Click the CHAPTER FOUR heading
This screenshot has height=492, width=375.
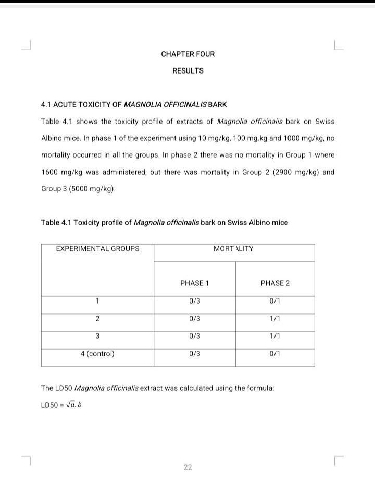(x=187, y=54)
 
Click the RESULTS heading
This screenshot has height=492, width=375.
(x=187, y=70)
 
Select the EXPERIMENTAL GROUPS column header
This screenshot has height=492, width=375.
(x=97, y=249)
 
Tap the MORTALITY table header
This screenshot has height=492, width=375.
(x=233, y=249)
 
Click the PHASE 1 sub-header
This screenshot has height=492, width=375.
(x=194, y=283)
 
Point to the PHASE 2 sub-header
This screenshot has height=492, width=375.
(x=275, y=283)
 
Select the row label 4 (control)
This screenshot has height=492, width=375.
(x=97, y=353)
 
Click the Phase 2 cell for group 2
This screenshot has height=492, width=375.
(x=275, y=318)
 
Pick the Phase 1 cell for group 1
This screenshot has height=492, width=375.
(x=194, y=301)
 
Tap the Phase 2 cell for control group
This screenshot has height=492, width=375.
(x=275, y=353)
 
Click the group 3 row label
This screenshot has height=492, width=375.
(x=97, y=335)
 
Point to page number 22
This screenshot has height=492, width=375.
(x=187, y=467)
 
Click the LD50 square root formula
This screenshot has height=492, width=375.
(x=60, y=405)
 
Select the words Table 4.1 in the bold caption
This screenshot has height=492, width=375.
(x=56, y=223)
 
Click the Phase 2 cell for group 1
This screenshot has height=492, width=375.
(x=275, y=301)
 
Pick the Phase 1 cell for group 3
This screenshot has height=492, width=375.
(x=194, y=335)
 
